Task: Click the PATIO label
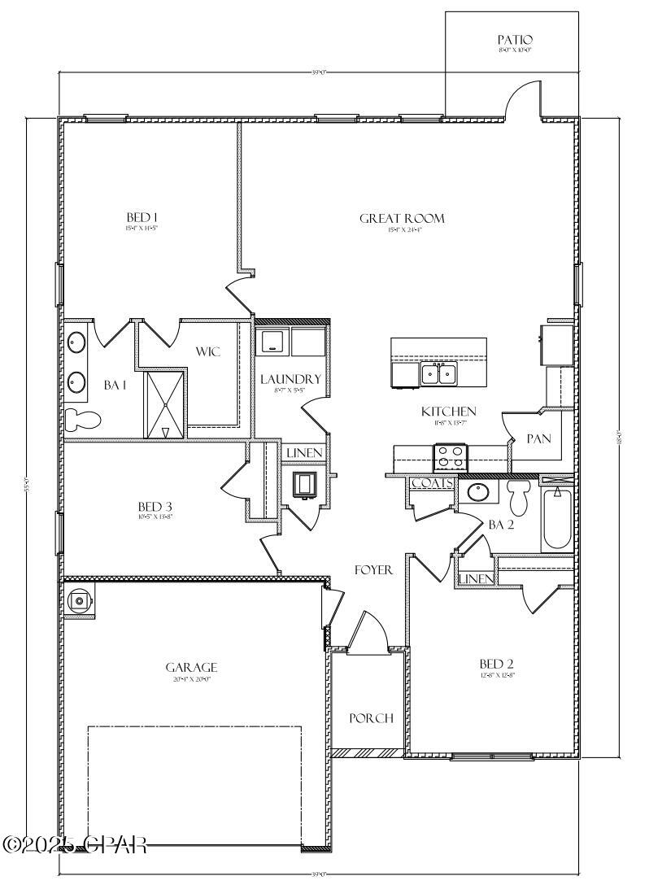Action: coord(515,40)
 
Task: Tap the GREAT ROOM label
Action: coord(402,218)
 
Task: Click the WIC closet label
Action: coord(208,351)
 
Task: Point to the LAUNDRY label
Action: coord(290,379)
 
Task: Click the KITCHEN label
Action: coord(448,412)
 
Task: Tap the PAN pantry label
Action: coord(538,438)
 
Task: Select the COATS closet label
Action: coord(431,483)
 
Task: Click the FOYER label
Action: coord(373,570)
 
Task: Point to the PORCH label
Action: coord(371,718)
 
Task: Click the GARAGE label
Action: coord(191,668)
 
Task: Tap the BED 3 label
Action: coord(155,505)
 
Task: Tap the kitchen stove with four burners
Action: coord(451,457)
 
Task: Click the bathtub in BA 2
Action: coord(557,517)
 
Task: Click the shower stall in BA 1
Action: coord(165,404)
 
